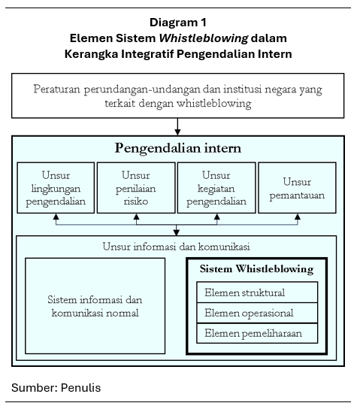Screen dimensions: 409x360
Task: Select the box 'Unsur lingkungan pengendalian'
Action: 56,187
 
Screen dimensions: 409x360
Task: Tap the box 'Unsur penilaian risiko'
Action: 136,187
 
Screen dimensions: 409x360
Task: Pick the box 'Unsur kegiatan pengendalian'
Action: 216,187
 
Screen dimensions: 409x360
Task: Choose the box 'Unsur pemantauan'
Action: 297,187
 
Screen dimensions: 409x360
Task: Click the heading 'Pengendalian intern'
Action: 178,148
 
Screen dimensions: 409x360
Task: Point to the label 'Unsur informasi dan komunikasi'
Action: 177,246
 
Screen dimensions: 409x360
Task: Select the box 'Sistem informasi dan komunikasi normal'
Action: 95,305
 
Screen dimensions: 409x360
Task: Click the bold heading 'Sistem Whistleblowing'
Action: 256,269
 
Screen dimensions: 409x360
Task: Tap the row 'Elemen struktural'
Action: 256,292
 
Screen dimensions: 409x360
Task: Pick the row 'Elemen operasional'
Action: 256,313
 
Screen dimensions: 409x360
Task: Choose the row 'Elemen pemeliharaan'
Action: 256,333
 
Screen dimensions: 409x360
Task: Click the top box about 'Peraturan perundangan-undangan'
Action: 177,95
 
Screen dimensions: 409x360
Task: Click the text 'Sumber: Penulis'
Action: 56,388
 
